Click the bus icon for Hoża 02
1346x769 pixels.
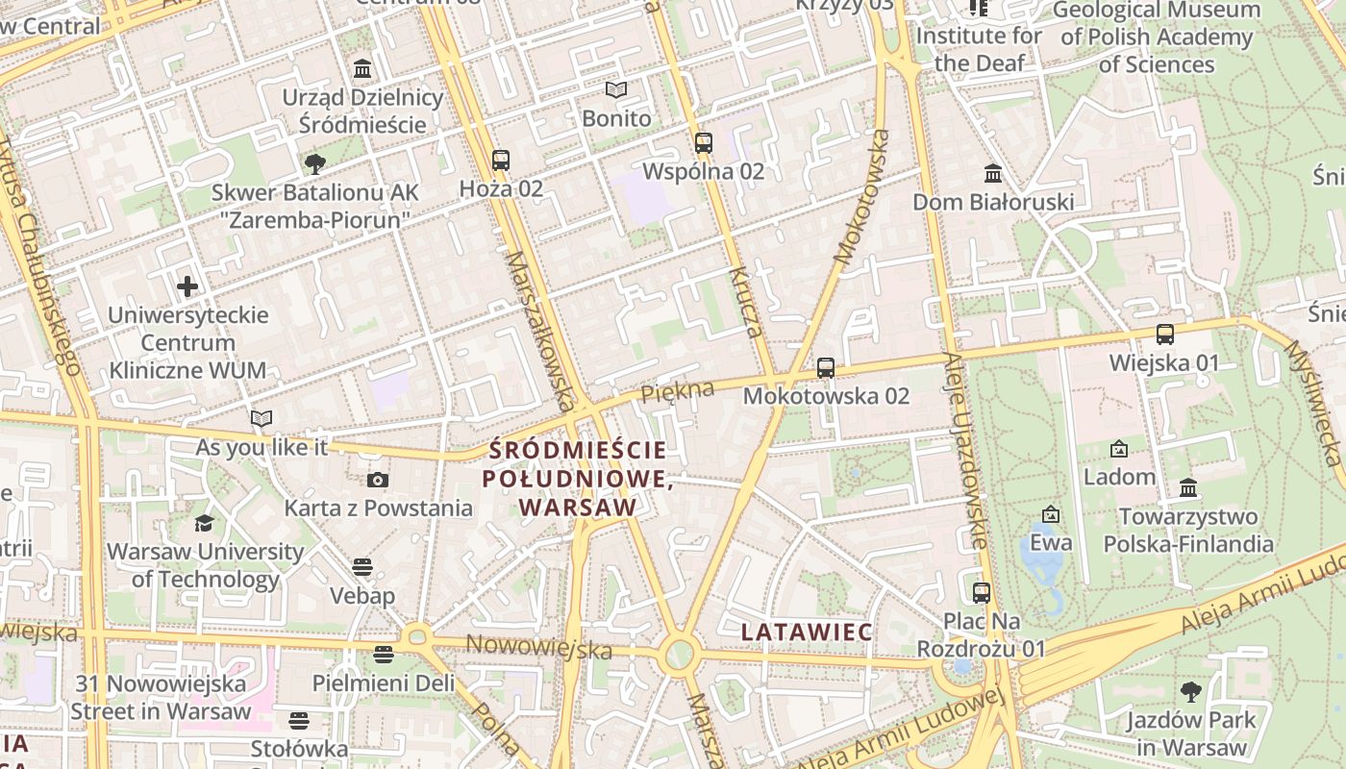[x=500, y=161]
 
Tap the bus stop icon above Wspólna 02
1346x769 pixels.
[x=704, y=143]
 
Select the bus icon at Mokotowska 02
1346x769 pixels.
[x=825, y=367]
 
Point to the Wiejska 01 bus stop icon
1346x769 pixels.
[x=1165, y=335]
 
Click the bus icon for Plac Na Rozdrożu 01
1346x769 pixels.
[x=981, y=592]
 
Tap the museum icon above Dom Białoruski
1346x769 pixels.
[x=993, y=174]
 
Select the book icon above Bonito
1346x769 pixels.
[x=616, y=90]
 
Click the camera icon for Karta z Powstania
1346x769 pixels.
[x=378, y=480]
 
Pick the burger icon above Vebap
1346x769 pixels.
[x=362, y=567]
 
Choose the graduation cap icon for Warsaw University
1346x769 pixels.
[x=204, y=523]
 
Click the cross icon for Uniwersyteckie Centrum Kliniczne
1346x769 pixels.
[x=187, y=286]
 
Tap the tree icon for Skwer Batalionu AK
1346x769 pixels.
[x=314, y=163]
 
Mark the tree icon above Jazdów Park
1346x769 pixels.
[x=1191, y=691]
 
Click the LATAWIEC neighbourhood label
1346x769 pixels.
[x=808, y=632]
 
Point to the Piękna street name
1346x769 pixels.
[x=678, y=390]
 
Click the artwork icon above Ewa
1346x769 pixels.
[x=1051, y=514]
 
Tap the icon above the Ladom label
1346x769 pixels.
[x=1119, y=449]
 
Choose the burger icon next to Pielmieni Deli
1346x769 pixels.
[x=384, y=655]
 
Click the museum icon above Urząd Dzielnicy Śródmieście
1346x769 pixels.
[x=363, y=69]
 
